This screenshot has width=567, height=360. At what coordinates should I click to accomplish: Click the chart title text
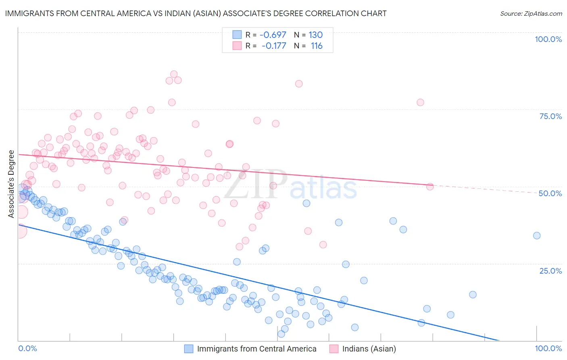point(196,13)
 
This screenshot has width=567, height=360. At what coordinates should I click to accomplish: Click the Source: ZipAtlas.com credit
point(531,13)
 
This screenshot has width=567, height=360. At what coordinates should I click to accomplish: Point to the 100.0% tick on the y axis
point(548,39)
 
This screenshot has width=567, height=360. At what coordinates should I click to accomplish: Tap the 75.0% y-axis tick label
point(550,116)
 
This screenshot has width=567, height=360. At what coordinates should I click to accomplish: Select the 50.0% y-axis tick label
point(550,193)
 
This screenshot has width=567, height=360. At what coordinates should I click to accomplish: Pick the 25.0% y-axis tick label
point(550,270)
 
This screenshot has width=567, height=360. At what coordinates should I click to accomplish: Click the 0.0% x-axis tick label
point(27,348)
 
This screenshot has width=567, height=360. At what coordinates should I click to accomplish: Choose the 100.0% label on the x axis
point(548,348)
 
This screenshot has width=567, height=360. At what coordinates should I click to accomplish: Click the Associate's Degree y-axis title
point(11,184)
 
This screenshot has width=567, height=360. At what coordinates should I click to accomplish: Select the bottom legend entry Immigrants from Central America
point(256,349)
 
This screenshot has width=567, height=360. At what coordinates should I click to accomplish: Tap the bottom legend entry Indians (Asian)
point(369,349)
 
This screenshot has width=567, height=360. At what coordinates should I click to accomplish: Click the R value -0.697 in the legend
point(273,35)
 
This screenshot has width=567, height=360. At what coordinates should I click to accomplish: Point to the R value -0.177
point(274,46)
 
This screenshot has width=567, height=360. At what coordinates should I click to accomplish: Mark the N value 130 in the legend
point(316,35)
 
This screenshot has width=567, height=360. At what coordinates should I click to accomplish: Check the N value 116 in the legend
point(317,46)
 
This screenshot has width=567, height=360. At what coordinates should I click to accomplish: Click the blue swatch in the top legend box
point(237,35)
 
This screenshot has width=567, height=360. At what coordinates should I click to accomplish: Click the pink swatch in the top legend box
point(237,46)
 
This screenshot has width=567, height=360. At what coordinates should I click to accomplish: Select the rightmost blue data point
point(537,236)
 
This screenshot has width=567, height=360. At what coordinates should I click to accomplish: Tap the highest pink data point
point(174,74)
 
